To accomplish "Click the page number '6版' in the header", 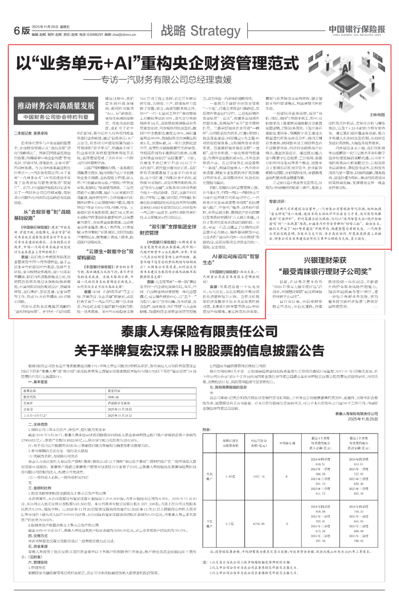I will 22,31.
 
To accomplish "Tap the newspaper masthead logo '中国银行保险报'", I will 357,30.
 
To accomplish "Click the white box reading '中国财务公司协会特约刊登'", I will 56,117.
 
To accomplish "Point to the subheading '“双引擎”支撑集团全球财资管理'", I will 168,230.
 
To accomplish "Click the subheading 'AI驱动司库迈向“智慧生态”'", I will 231,259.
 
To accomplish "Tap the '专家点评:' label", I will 277,201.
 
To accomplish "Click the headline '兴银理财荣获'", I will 325,260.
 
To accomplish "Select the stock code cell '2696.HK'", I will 113,397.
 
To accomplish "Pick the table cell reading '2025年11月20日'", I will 119,409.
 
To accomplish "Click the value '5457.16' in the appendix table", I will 259,476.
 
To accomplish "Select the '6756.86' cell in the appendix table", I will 259,524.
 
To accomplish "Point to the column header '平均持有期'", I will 287,443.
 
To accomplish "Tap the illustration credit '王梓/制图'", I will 377,115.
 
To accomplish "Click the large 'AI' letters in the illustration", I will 346,68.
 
